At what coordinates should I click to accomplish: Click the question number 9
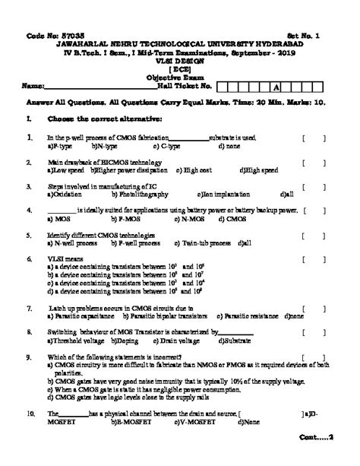pyautogui.click(x=27, y=357)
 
